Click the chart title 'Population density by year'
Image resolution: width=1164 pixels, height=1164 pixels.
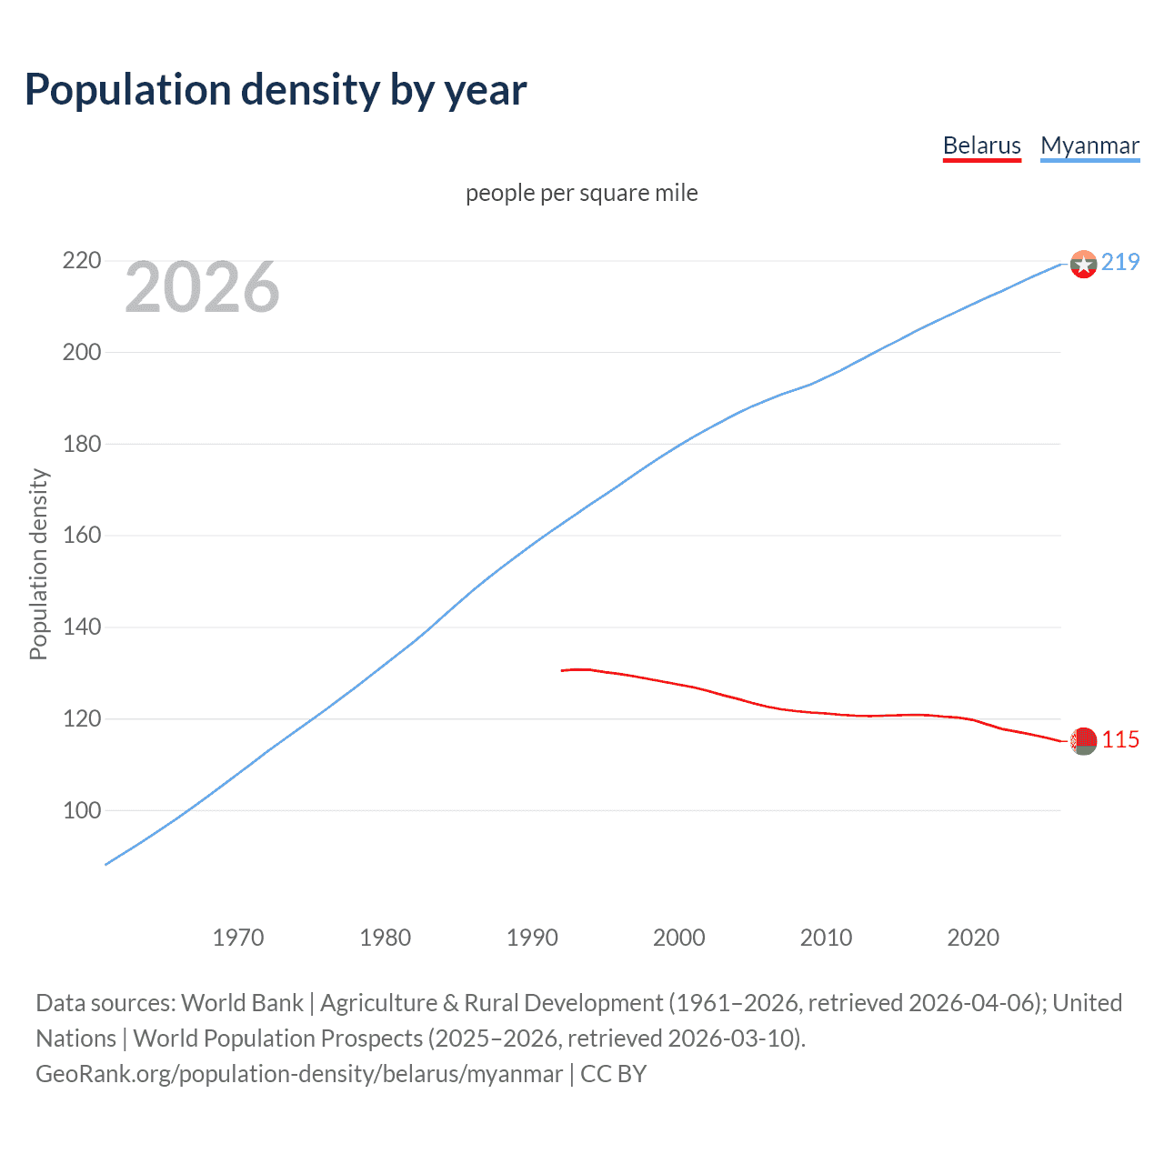(x=276, y=90)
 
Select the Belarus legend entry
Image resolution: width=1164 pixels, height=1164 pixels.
(x=981, y=145)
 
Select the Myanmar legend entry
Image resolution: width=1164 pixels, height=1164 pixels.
(x=1089, y=145)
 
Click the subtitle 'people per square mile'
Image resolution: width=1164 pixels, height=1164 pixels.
(x=582, y=193)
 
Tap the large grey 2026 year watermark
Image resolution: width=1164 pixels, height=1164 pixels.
(x=202, y=288)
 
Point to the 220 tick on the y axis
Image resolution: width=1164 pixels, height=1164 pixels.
(x=81, y=261)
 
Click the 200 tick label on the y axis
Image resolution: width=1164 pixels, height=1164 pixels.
(x=81, y=352)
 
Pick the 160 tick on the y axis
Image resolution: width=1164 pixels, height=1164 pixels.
(x=81, y=535)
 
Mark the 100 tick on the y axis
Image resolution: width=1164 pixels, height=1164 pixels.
(x=81, y=810)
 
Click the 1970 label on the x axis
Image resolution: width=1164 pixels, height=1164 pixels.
(x=238, y=938)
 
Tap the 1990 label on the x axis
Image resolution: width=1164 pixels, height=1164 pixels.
(x=532, y=938)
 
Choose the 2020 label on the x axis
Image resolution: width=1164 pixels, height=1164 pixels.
(x=973, y=938)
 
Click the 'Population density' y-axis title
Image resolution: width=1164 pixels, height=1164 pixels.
(x=38, y=564)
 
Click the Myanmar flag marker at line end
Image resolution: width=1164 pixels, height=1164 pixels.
(x=1083, y=264)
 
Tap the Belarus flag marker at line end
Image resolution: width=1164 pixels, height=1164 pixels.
(x=1083, y=741)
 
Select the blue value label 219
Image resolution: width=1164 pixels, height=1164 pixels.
(x=1120, y=262)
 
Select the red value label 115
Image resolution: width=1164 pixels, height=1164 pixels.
(x=1120, y=740)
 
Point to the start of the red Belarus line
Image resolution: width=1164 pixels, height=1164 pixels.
(x=563, y=670)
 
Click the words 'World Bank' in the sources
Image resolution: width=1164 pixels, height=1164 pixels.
(x=242, y=1003)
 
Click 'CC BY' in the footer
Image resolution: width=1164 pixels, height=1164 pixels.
(x=613, y=1074)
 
